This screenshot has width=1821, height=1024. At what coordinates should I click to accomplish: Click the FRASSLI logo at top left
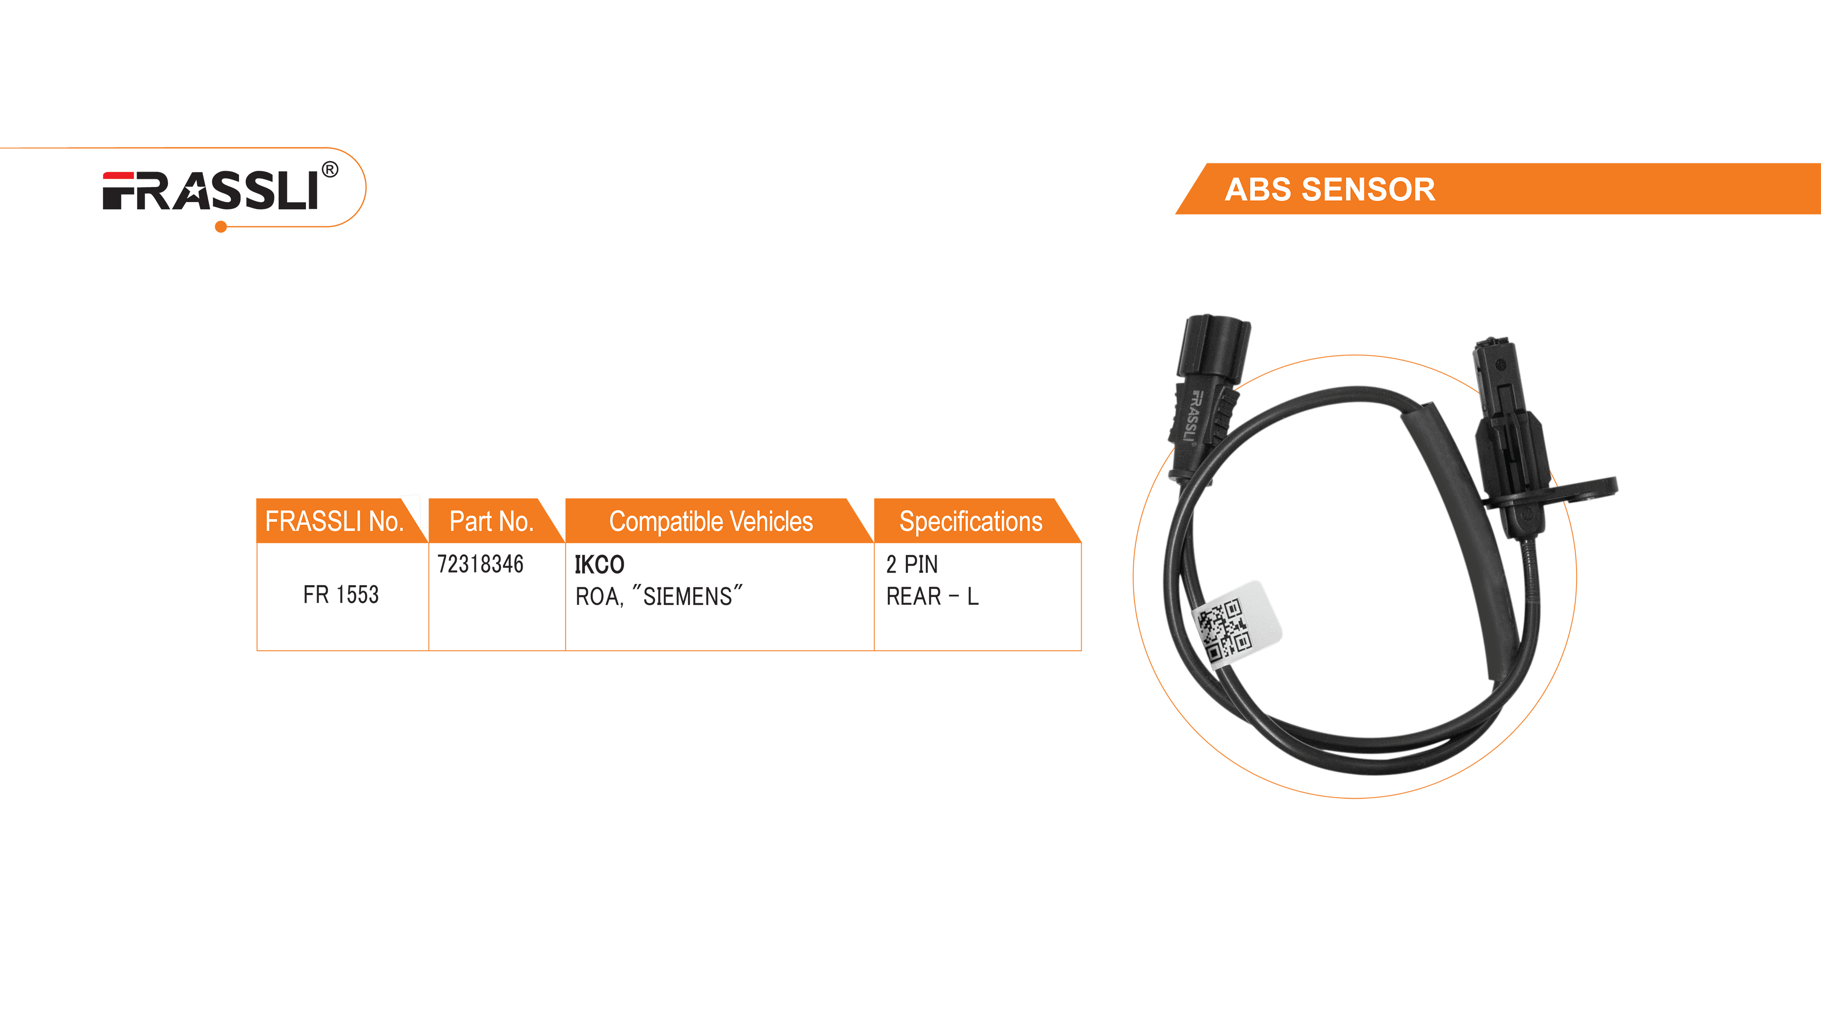tap(211, 191)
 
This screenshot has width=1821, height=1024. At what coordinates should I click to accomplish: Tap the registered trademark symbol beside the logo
tap(330, 170)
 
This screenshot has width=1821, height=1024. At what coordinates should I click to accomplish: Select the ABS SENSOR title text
tap(1330, 189)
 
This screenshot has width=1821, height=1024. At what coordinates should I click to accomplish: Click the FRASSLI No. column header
tap(334, 522)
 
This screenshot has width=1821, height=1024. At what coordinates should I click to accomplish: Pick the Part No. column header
tap(491, 522)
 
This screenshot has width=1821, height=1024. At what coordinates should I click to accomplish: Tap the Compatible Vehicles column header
tap(711, 522)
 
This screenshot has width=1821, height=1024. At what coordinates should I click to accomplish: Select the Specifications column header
tap(971, 522)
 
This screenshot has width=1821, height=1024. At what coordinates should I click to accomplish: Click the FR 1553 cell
tap(341, 595)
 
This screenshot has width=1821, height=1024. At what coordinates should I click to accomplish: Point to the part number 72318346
tap(481, 564)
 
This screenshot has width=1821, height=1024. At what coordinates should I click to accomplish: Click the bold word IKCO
tap(600, 565)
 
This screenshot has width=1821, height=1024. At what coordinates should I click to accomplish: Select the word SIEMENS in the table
tap(688, 597)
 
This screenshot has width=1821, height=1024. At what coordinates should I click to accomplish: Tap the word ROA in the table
tap(598, 597)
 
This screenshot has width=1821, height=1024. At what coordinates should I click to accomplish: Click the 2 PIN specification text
tap(912, 565)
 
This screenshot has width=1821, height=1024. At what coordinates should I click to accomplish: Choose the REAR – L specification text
tap(932, 597)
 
